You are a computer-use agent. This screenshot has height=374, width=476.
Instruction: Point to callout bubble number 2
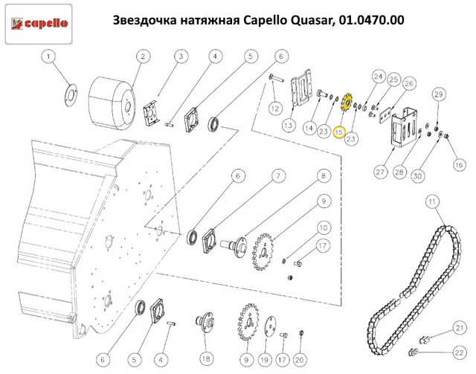point(142,57)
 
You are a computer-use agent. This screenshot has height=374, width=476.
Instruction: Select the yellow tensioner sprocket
point(345,104)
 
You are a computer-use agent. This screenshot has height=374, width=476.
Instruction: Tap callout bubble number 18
point(204,358)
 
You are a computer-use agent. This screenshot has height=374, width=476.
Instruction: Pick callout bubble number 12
point(275,109)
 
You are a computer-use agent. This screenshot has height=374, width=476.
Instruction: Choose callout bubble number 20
point(300,358)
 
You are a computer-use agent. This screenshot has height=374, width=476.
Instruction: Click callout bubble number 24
point(377,76)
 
